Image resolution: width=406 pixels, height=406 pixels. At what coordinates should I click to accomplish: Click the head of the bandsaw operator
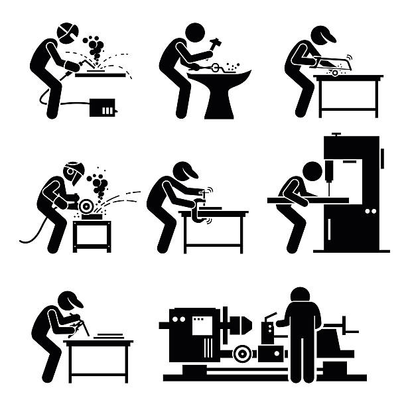[x=312, y=171]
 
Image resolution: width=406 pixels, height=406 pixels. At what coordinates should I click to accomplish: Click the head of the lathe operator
[x=302, y=297]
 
